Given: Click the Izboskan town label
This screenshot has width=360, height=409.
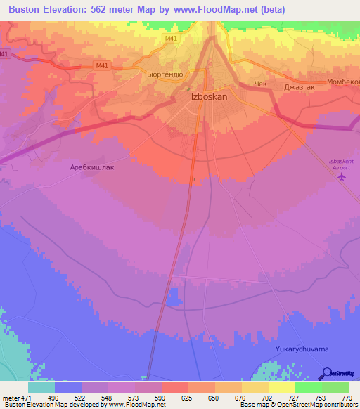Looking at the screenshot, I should click(209, 97).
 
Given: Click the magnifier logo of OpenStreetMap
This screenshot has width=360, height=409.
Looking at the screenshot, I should click(326, 373).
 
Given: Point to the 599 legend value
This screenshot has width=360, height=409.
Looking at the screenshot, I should click(161, 398).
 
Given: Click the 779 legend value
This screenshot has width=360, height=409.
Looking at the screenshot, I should click(347, 398).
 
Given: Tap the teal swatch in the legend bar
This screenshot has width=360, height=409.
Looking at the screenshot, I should click(41, 387).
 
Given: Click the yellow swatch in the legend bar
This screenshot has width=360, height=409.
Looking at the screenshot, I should click(281, 387).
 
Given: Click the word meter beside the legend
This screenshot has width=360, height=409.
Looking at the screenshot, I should click(9, 398).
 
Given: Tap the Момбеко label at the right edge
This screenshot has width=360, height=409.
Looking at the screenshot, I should click(343, 82).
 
